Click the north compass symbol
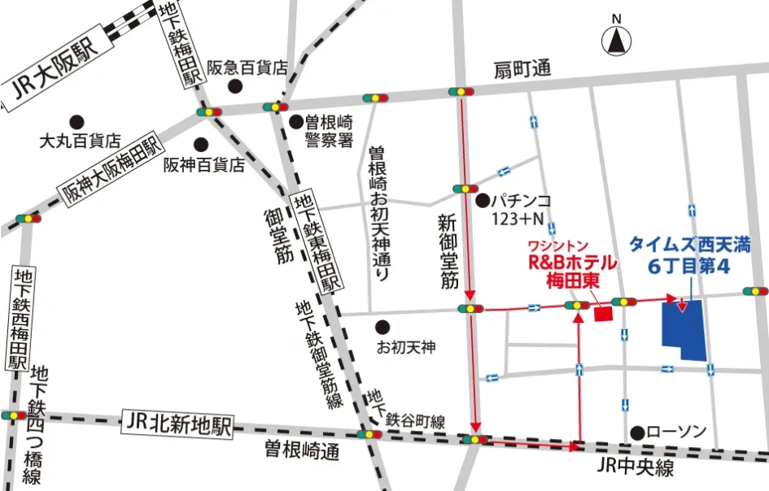coord(617,39)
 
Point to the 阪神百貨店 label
coord(203,164)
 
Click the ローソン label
coord(676,432)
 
